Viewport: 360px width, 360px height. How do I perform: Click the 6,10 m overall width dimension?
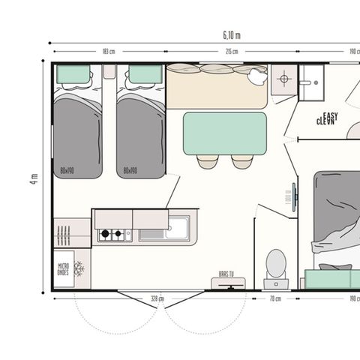tap(232, 35)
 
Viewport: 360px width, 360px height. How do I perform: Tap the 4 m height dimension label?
tap(33, 178)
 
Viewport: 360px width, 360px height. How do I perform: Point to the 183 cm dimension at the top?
tap(108, 52)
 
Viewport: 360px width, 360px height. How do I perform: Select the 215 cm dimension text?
tap(232, 52)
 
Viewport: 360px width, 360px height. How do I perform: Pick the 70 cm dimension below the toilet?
tap(276, 298)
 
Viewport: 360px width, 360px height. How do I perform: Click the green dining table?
tap(224, 133)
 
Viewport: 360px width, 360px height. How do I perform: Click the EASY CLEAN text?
tap(327, 118)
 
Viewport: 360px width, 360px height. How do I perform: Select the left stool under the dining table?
tap(208, 161)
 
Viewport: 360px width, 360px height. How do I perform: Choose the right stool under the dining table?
tap(241, 161)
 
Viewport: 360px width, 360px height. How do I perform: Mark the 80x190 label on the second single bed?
tap(130, 171)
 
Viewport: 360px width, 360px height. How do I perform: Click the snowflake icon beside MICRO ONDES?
tap(79, 269)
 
